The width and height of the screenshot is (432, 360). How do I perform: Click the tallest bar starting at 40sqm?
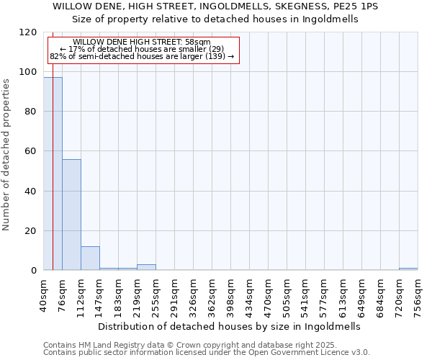[x=53, y=174]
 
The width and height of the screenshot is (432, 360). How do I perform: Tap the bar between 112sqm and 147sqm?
[x=90, y=258]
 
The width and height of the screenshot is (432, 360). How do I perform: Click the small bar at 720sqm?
[x=408, y=269]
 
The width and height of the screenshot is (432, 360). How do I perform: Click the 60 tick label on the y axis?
[x=32, y=151]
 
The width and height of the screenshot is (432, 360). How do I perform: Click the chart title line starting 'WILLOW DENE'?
[x=215, y=6]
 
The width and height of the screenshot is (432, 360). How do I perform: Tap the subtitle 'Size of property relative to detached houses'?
[x=215, y=19]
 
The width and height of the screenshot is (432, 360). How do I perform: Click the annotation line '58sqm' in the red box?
[x=142, y=42]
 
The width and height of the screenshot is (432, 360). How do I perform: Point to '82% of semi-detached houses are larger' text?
[x=142, y=56]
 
